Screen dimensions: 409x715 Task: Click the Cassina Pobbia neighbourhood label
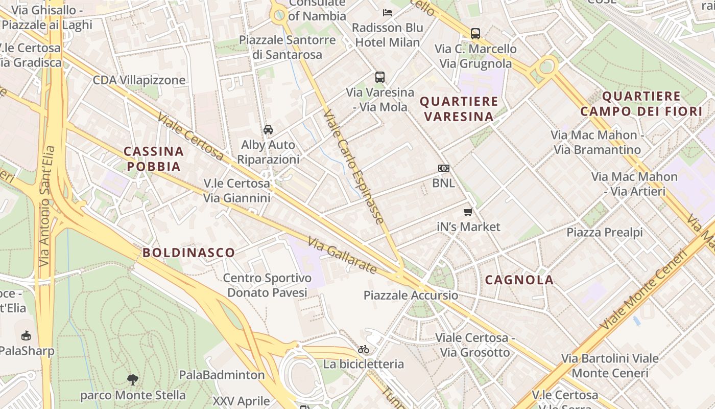tap(154, 158)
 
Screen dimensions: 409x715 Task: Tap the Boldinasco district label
tap(188, 252)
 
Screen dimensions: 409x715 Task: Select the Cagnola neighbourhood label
tap(519, 280)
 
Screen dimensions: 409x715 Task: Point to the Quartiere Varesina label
tap(459, 108)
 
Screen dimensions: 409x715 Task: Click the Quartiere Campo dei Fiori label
tap(641, 104)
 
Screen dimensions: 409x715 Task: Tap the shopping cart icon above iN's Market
tap(468, 212)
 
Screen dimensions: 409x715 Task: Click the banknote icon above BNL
tap(443, 168)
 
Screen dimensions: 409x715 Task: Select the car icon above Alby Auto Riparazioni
tap(268, 130)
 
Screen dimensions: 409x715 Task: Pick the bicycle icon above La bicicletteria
tap(363, 350)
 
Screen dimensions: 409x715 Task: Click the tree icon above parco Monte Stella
tap(133, 379)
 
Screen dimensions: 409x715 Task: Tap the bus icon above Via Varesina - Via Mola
tap(380, 77)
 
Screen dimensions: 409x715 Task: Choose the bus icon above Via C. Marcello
tap(475, 34)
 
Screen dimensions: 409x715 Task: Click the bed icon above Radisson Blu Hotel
tap(388, 12)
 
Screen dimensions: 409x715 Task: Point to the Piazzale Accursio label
tap(411, 296)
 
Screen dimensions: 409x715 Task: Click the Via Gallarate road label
tap(343, 255)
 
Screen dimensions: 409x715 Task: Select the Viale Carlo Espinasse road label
tap(353, 167)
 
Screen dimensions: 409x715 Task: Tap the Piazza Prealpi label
tap(605, 233)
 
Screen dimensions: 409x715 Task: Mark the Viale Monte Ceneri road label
tap(645, 289)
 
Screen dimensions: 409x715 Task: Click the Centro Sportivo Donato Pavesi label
tap(267, 285)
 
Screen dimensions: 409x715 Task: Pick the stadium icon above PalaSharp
tap(26, 336)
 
